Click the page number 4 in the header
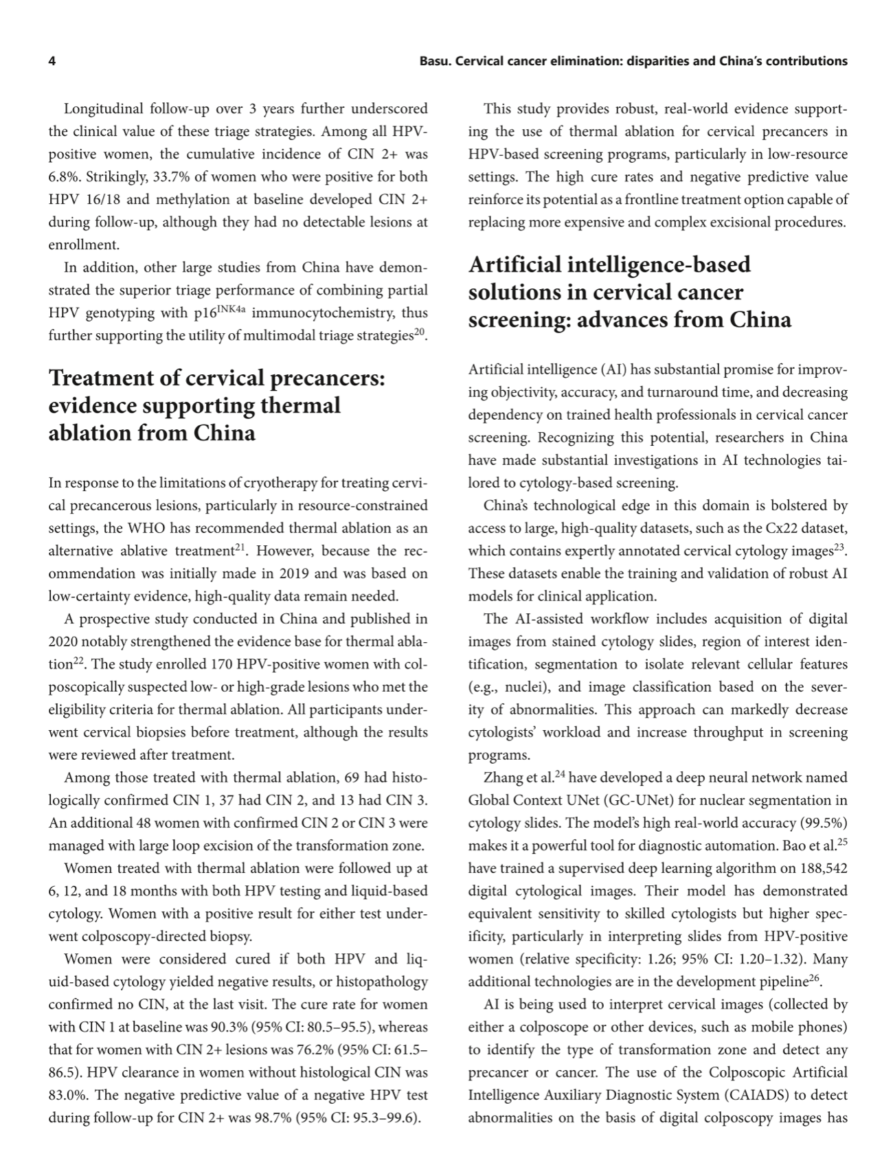pos(52,61)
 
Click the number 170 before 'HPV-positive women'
pos(220,664)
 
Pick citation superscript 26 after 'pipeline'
pos(814,978)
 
